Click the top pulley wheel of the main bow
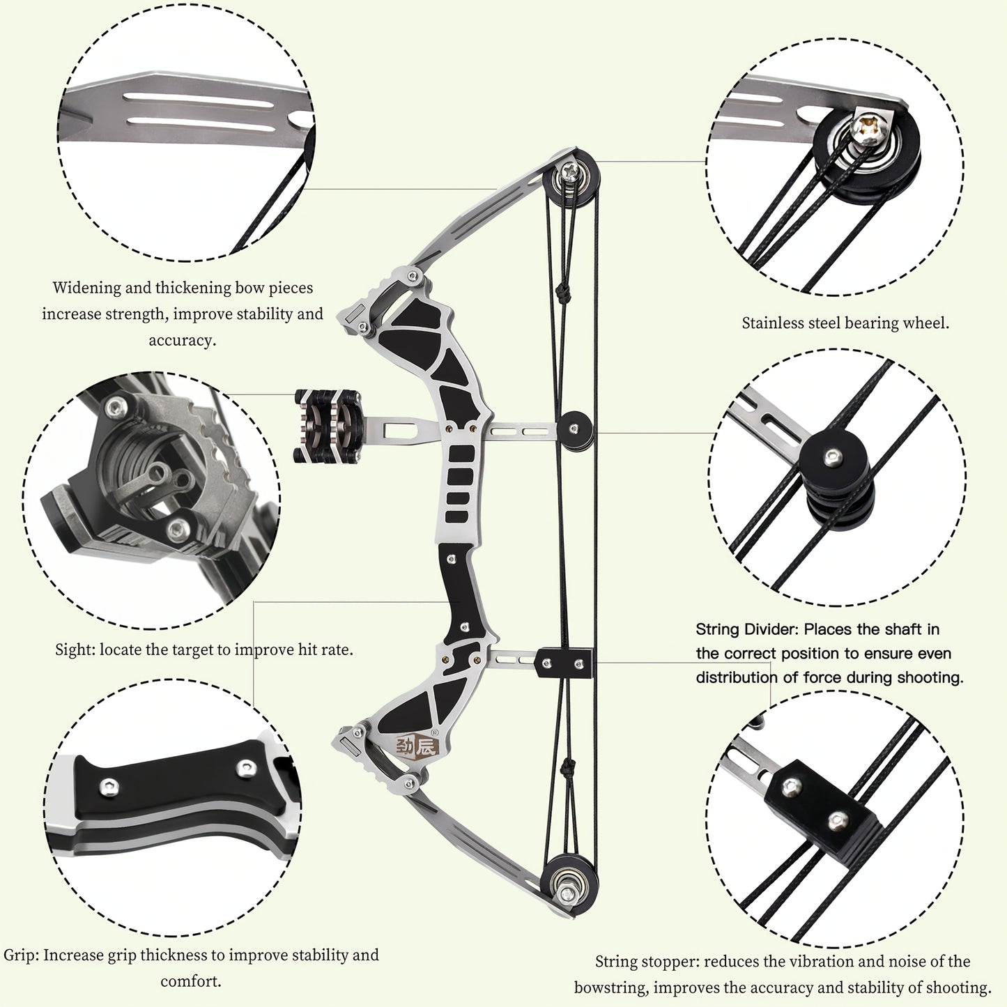(x=571, y=178)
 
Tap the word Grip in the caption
(x=21, y=955)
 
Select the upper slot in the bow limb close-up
(x=199, y=100)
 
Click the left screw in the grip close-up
(x=109, y=785)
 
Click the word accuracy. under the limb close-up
(x=183, y=341)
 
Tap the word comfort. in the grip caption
(x=191, y=981)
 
